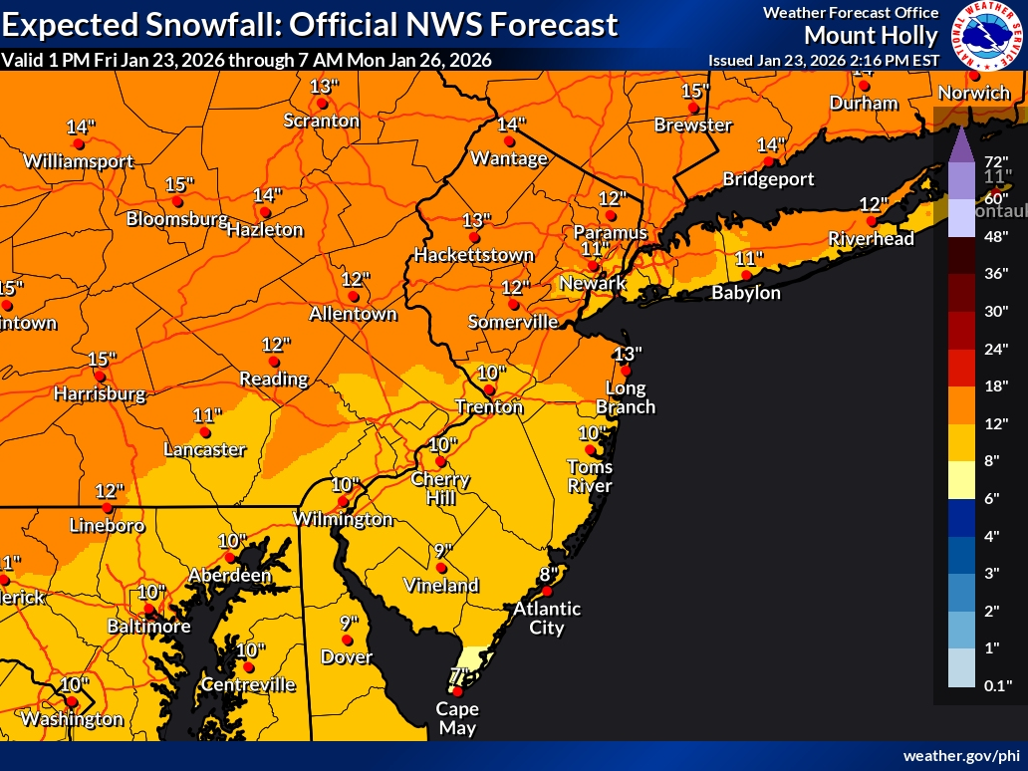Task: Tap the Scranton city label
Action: tap(322, 121)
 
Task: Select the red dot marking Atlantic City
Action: tap(546, 591)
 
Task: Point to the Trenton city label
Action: tap(489, 406)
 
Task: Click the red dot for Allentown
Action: tap(353, 296)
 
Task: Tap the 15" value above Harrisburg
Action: tap(102, 359)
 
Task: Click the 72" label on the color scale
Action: tap(997, 161)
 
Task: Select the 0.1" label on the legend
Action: tap(997, 685)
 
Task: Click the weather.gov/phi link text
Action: tap(961, 756)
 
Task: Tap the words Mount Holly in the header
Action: tap(871, 36)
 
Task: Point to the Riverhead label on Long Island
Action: tap(873, 239)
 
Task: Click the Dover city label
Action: tap(347, 657)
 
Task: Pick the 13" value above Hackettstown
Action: tap(476, 220)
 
